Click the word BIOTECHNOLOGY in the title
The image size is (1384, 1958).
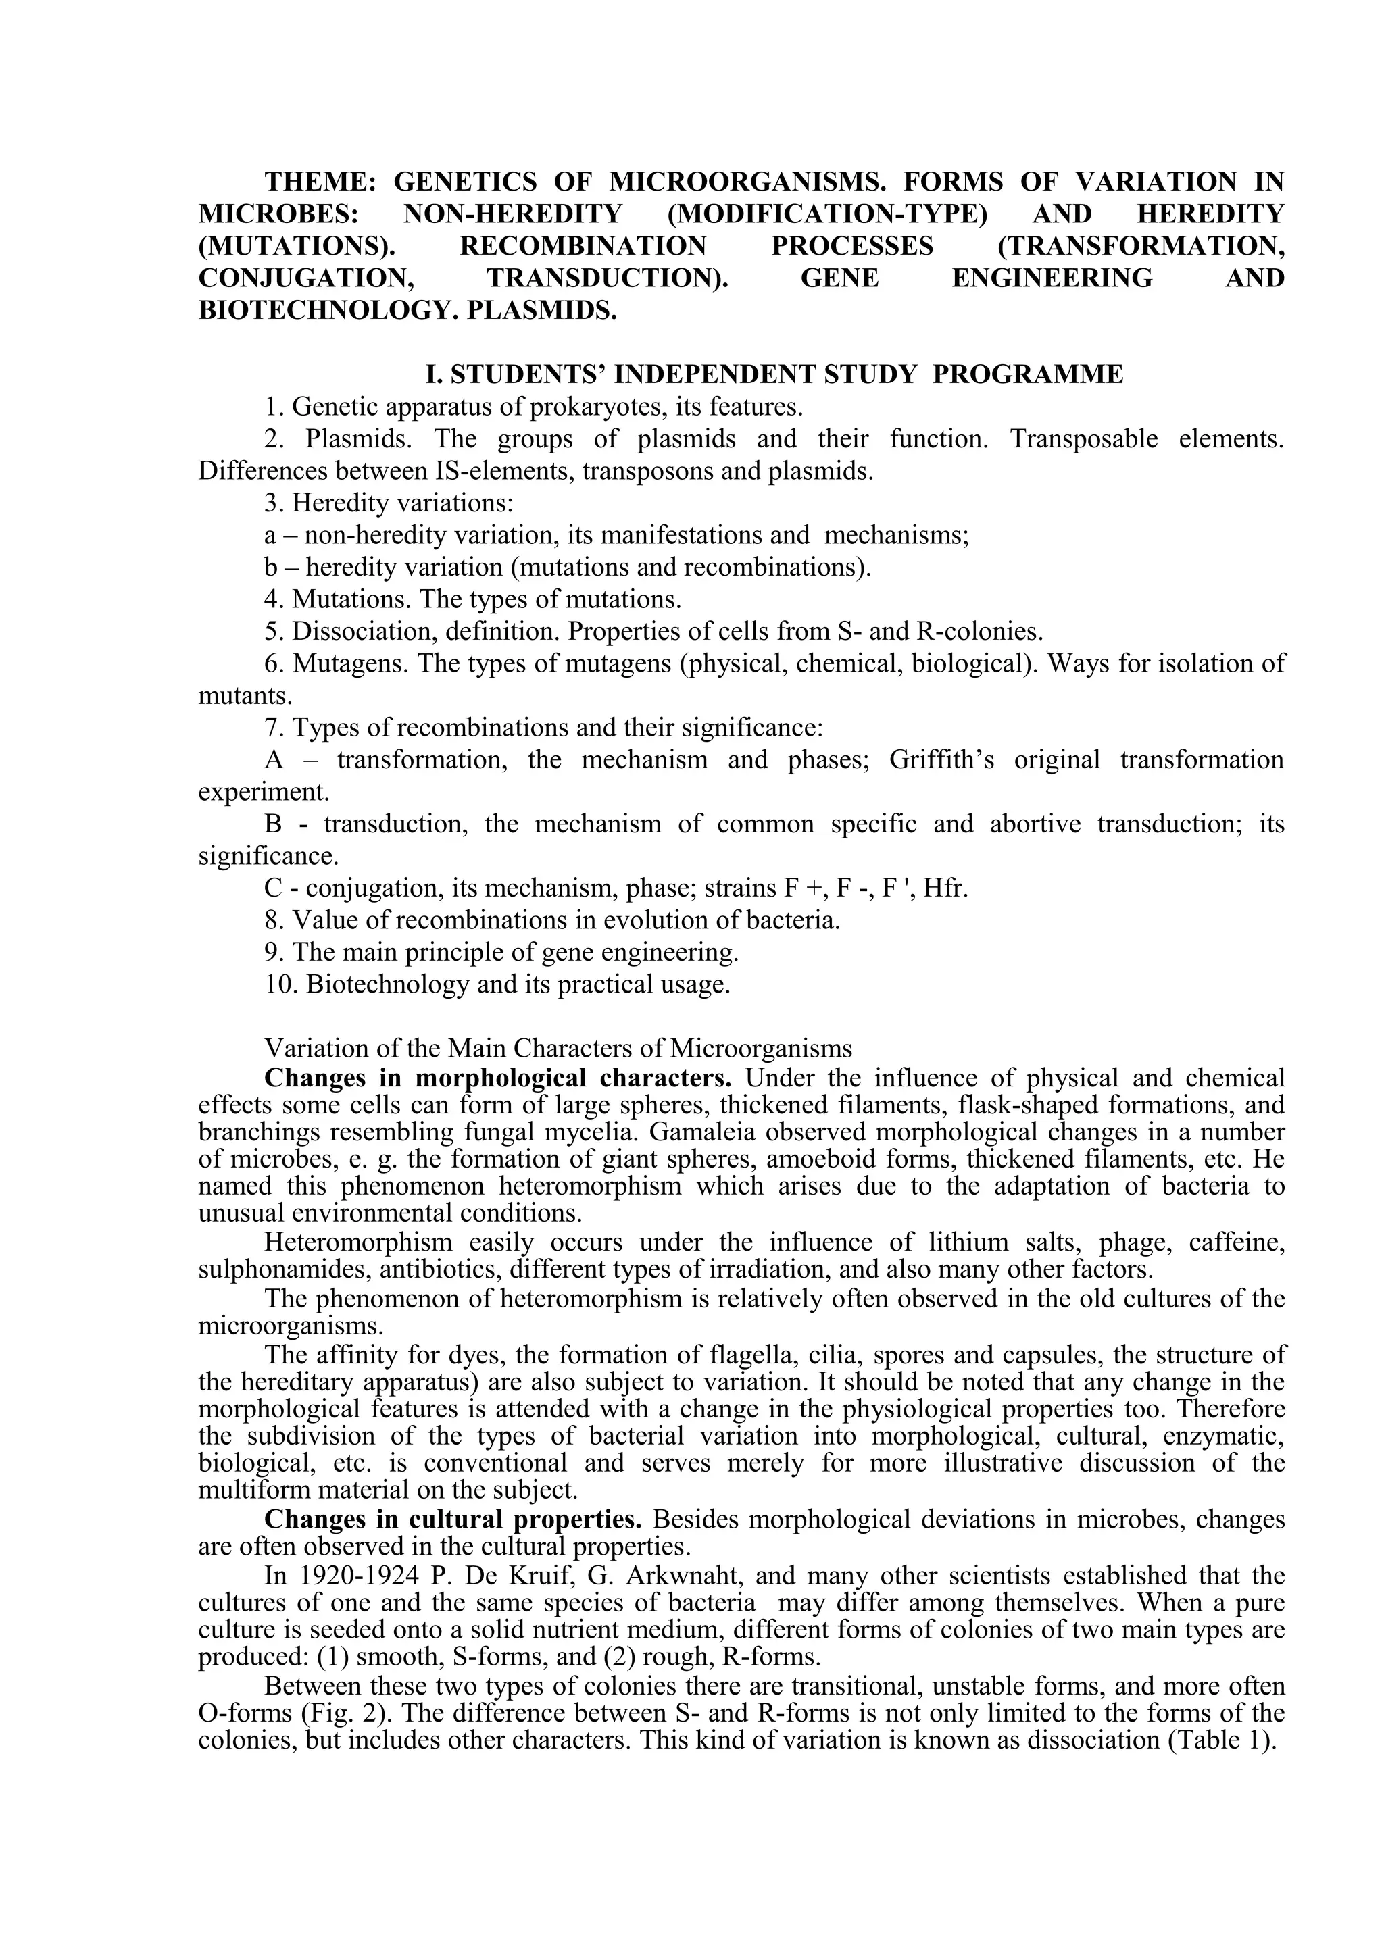(x=316, y=309)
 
